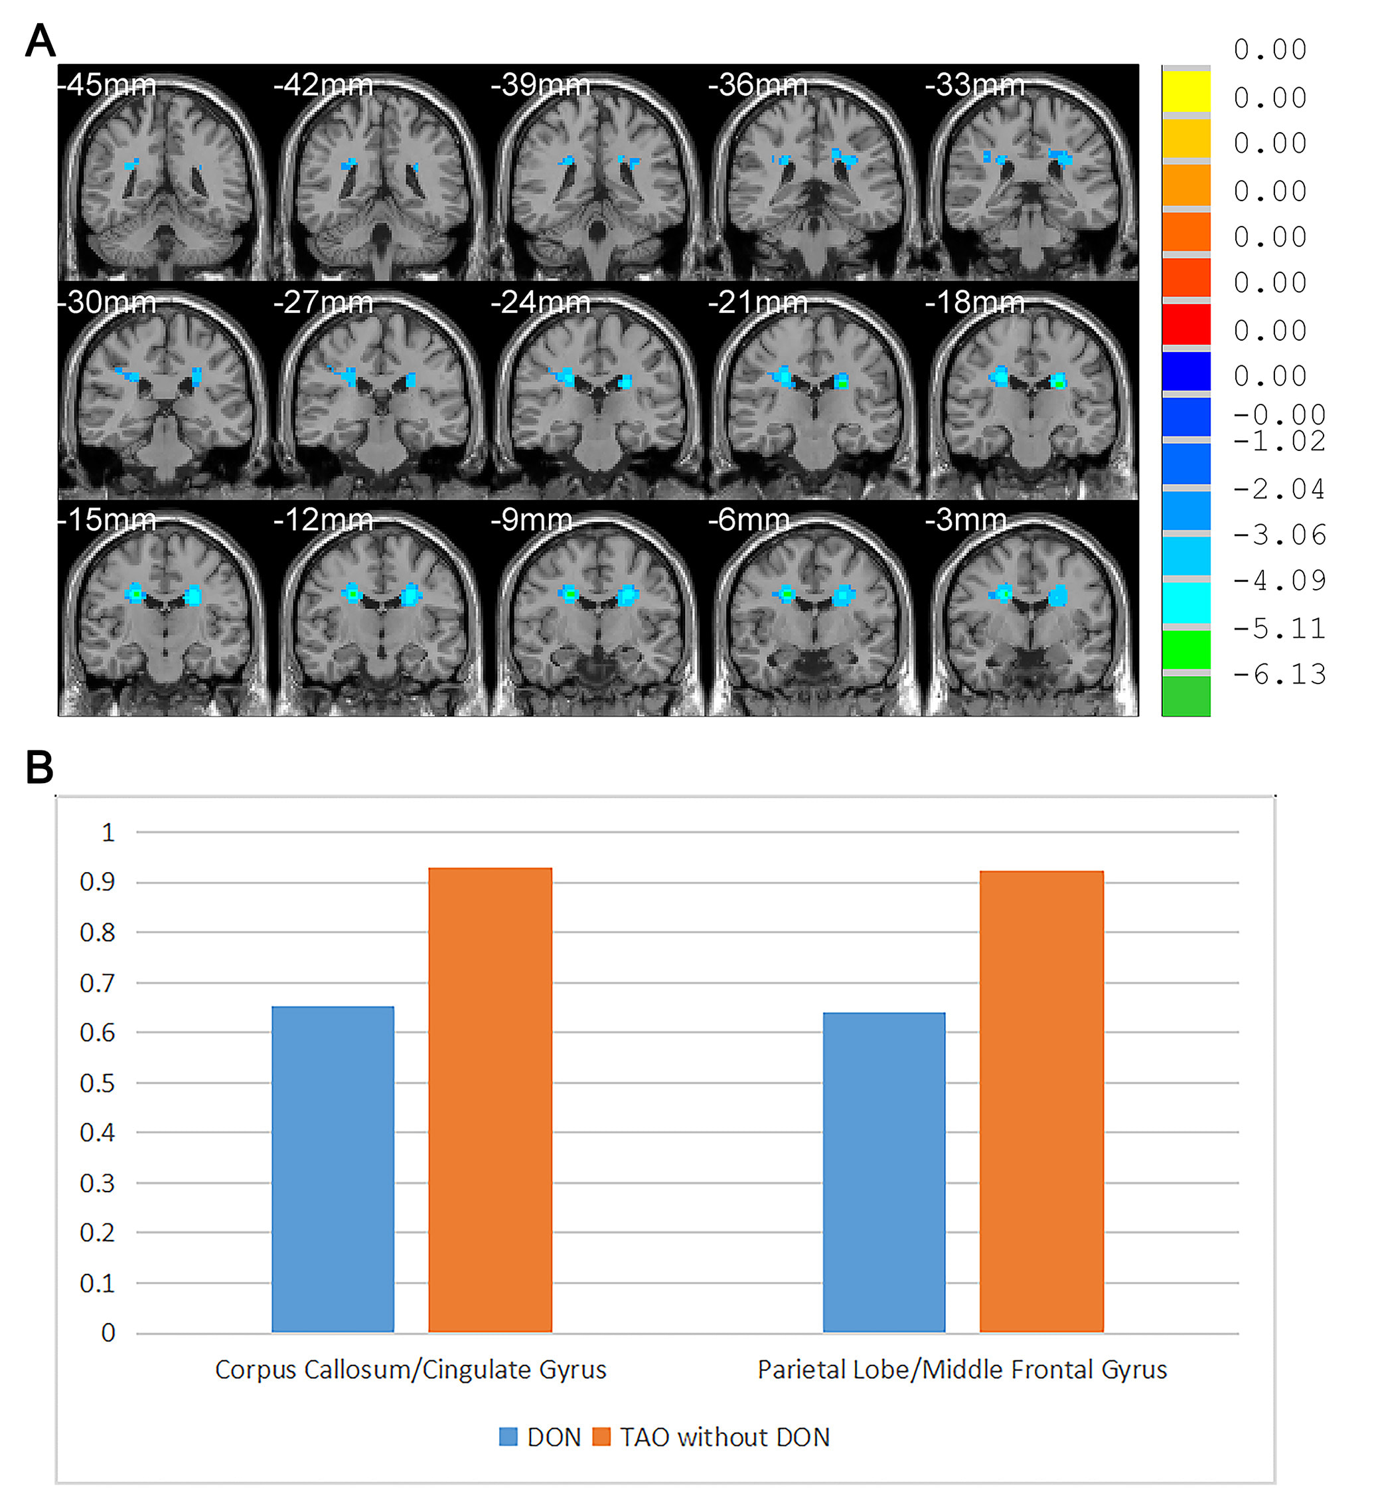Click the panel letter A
(x=40, y=41)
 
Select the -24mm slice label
(x=540, y=303)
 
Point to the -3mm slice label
(x=966, y=519)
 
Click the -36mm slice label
(x=757, y=85)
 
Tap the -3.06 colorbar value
(x=1280, y=535)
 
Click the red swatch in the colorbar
(x=1186, y=324)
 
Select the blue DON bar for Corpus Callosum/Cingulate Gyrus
(x=333, y=1168)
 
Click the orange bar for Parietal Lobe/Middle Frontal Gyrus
(x=1041, y=1101)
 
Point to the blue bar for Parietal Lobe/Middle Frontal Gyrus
(x=884, y=1172)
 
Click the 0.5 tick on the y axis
(x=98, y=1083)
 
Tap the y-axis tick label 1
(x=108, y=833)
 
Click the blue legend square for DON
(x=508, y=1437)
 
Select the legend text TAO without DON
(x=724, y=1437)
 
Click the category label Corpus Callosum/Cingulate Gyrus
(x=411, y=1370)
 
